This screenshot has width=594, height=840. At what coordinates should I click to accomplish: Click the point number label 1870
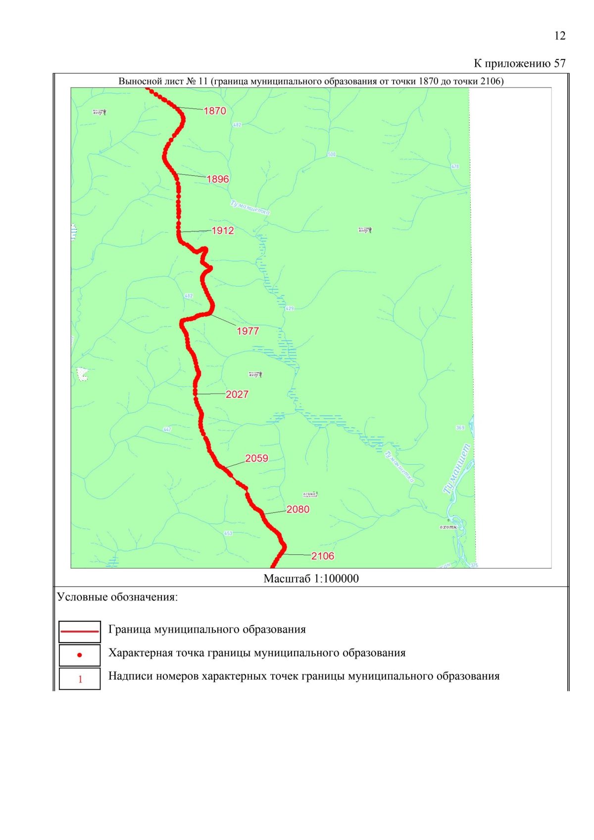[x=215, y=111]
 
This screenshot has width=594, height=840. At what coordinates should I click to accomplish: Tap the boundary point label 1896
[x=218, y=179]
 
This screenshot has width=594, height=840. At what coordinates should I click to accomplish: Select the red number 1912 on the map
[x=223, y=231]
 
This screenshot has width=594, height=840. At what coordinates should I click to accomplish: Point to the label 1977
[x=247, y=331]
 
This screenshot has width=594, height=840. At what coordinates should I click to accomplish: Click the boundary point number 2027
[x=237, y=395]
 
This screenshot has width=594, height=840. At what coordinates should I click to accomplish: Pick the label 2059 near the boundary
[x=256, y=458]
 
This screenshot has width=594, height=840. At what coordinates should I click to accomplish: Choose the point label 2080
[x=298, y=509]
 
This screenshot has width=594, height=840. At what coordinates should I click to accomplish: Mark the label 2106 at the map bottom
[x=323, y=556]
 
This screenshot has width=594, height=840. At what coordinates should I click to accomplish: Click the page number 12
[x=559, y=36]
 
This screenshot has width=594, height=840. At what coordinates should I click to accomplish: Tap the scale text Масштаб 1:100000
[x=311, y=579]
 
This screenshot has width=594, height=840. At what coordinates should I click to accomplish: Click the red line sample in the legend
[x=80, y=631]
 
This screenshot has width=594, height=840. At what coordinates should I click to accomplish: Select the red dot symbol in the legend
[x=80, y=655]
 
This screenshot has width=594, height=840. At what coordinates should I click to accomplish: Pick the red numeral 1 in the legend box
[x=80, y=679]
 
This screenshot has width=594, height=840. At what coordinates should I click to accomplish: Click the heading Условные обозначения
[x=117, y=597]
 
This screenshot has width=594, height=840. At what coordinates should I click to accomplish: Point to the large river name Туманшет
[x=458, y=468]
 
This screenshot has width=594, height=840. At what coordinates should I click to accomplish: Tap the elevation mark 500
[x=331, y=154]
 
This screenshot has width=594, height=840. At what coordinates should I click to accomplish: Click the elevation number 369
[x=460, y=428]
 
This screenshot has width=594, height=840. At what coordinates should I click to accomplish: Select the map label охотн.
[x=448, y=527]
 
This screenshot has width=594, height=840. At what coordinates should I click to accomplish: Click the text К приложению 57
[x=519, y=63]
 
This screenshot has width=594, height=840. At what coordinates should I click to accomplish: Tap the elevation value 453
[x=228, y=533]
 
